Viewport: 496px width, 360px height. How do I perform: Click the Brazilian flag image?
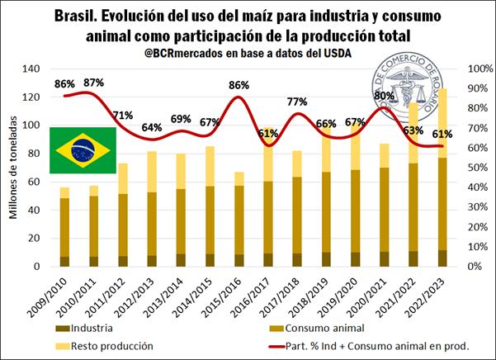[x=83, y=150]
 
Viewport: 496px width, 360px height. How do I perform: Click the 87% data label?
[x=93, y=83]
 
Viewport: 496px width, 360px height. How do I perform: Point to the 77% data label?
[x=296, y=102]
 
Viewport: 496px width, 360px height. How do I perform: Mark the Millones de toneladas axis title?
[x=15, y=168]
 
